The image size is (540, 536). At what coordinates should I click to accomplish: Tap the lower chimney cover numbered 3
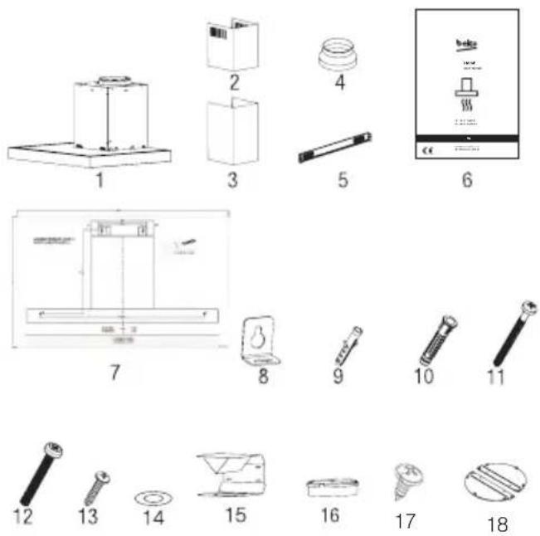point(231,134)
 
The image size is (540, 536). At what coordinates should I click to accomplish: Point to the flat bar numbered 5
point(339,148)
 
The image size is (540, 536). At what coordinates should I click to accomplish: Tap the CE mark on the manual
point(428,150)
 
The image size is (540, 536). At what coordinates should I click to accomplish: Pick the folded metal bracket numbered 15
point(231,476)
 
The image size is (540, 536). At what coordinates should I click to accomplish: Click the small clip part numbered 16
point(328,484)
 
